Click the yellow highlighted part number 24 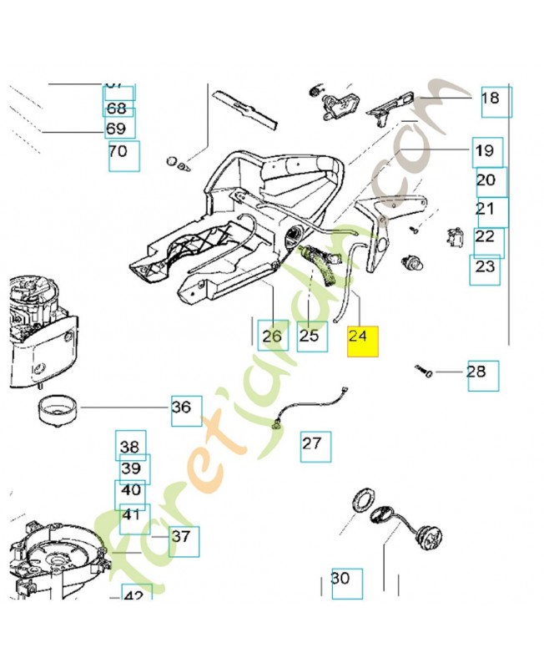click(x=363, y=341)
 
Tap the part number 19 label click(x=487, y=153)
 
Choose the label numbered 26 click(x=273, y=336)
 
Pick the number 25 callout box click(x=312, y=336)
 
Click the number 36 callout click(x=186, y=410)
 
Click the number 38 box click(x=130, y=446)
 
